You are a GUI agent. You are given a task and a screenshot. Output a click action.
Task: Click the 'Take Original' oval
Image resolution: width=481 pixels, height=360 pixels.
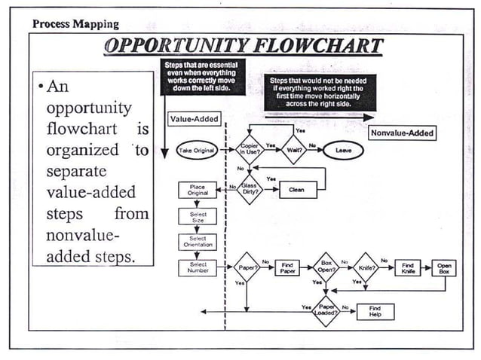coord(196,150)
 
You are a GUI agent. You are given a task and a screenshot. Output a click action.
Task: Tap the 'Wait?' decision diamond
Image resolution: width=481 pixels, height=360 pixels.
coord(293,149)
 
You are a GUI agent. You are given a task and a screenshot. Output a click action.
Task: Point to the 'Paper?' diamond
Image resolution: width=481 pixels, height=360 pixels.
coord(247,268)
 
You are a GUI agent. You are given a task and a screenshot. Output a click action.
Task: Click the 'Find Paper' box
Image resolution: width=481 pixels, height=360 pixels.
coord(287,268)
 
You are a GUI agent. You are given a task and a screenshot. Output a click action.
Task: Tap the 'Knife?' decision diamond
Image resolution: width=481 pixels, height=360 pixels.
coord(366,268)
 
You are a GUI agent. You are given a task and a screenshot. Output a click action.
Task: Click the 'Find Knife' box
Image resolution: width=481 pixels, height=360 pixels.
coord(408,268)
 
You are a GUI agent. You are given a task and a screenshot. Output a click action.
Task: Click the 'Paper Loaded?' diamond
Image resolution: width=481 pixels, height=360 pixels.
coord(326,310)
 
